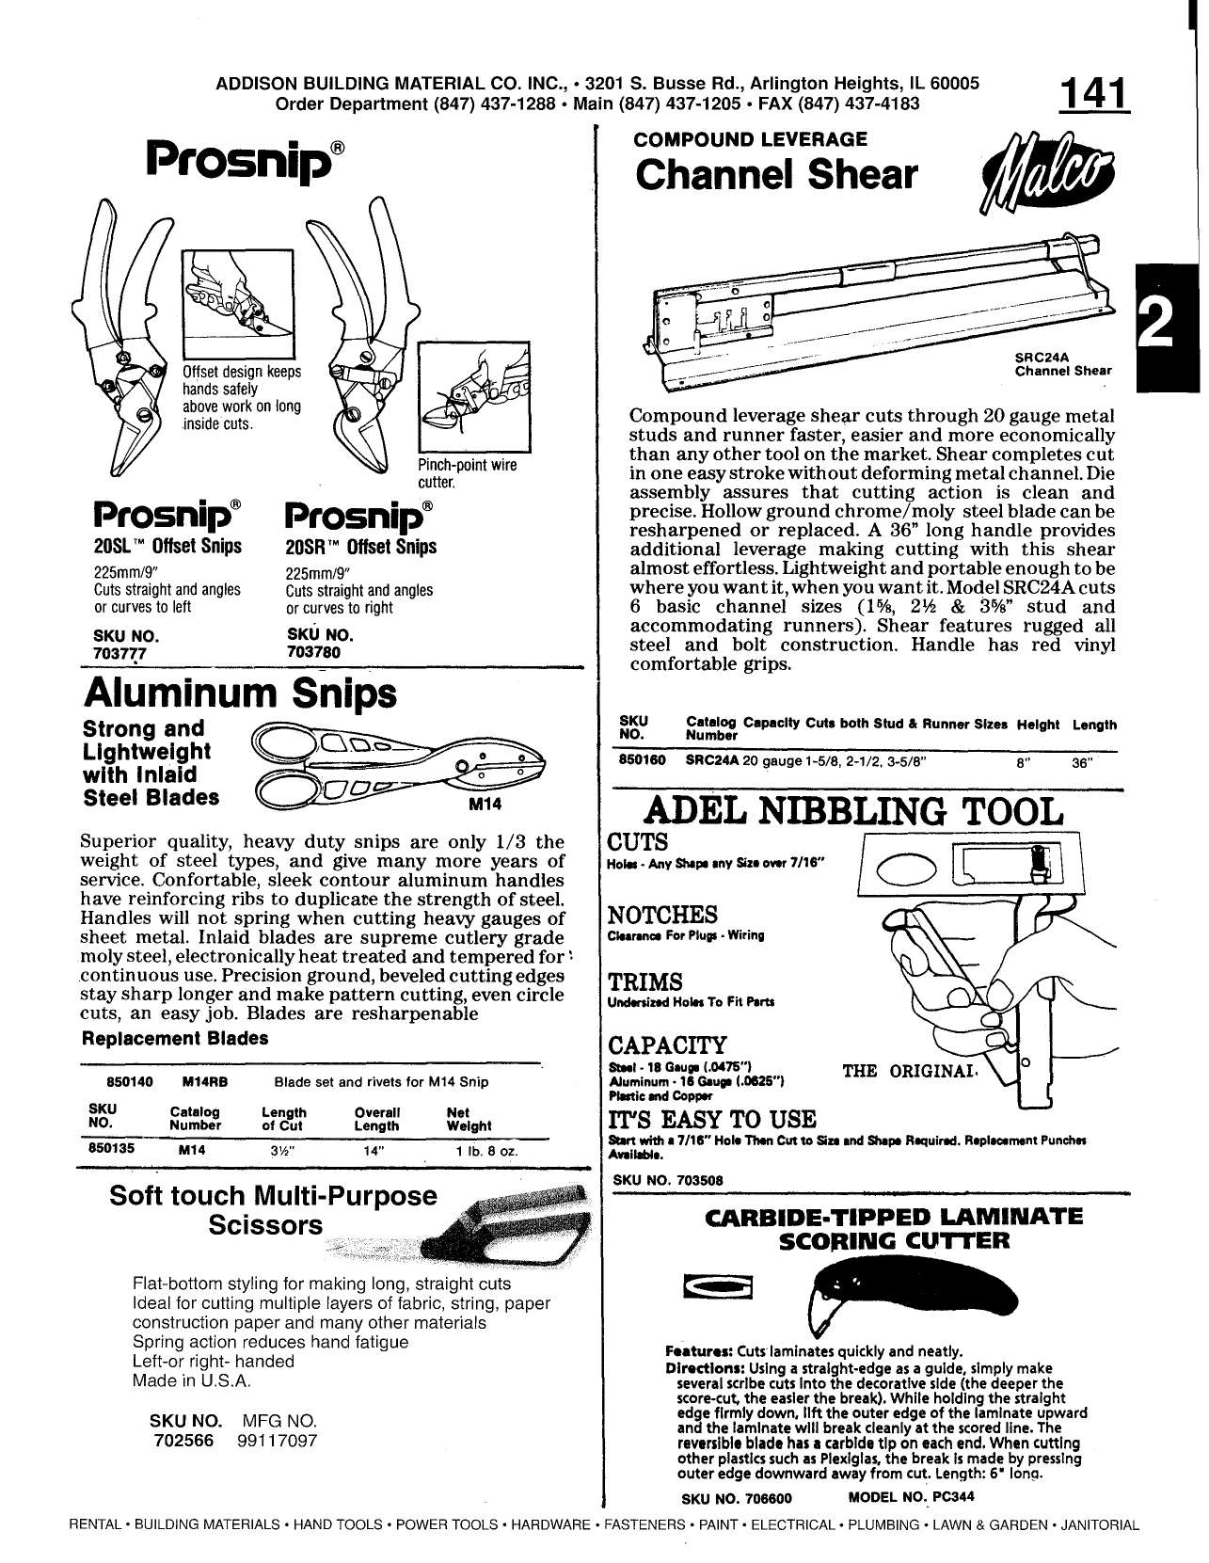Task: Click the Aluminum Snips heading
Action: pyautogui.click(x=240, y=694)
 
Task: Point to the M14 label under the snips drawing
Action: pyautogui.click(x=481, y=805)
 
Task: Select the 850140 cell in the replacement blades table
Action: pyautogui.click(x=109, y=1081)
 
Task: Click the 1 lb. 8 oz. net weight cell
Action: pyautogui.click(x=483, y=1151)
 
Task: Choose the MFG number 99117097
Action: pyautogui.click(x=272, y=1441)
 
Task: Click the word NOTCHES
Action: pyautogui.click(x=663, y=915)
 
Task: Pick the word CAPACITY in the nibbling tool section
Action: pyautogui.click(x=668, y=1045)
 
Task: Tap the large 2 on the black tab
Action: pyautogui.click(x=1167, y=325)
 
